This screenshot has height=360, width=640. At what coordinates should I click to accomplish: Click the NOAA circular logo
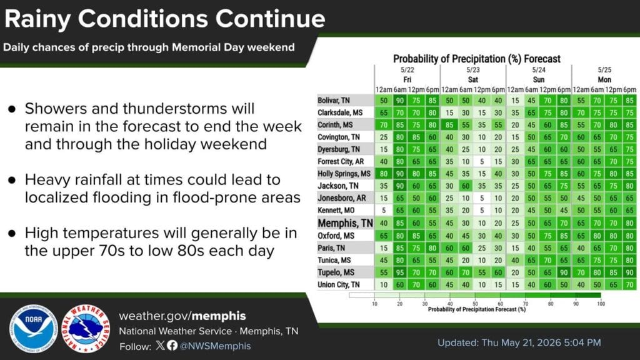click(34, 329)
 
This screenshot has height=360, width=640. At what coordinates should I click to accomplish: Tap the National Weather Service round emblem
click(86, 329)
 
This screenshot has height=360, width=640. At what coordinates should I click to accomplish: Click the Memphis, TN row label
click(345, 223)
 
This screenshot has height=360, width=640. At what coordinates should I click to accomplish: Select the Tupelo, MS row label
click(336, 272)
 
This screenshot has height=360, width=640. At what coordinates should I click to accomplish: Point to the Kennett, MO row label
click(336, 210)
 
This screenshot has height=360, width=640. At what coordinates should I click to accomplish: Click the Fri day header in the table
click(407, 79)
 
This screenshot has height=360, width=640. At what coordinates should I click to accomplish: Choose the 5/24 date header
click(539, 70)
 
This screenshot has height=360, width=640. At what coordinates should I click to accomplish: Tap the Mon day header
click(604, 79)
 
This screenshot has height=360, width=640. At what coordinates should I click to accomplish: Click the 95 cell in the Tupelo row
click(400, 272)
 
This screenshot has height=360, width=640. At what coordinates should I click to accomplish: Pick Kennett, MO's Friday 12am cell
click(384, 210)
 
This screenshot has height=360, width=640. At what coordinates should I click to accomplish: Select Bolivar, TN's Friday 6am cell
click(400, 101)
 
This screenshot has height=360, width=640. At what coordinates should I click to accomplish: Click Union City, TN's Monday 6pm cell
click(630, 284)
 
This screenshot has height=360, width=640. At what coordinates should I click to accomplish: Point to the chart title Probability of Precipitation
click(477, 59)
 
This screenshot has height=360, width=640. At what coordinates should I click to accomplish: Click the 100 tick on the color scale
click(601, 304)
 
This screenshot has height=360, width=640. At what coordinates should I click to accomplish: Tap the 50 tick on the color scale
click(475, 304)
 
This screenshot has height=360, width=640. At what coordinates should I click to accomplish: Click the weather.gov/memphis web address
click(182, 316)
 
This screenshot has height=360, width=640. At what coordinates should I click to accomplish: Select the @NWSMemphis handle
click(215, 346)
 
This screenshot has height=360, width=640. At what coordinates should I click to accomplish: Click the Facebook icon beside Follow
click(172, 346)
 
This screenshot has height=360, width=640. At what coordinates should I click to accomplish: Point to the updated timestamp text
click(519, 342)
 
